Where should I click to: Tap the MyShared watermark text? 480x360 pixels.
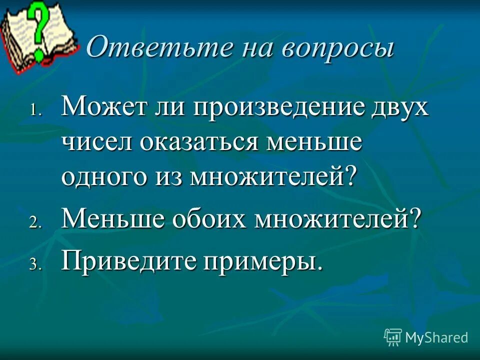(436, 337)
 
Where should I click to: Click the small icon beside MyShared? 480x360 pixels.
(393, 337)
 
